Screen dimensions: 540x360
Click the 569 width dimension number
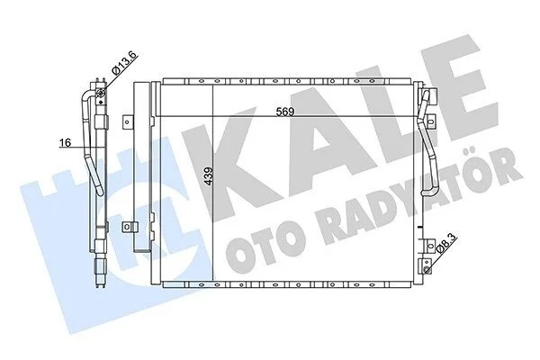(285, 112)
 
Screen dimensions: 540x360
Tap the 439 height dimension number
(209, 176)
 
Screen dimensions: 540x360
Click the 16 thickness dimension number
(65, 142)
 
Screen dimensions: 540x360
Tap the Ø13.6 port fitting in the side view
(101, 92)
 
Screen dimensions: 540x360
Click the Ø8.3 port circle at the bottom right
(427, 270)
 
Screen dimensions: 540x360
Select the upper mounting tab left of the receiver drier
(128, 121)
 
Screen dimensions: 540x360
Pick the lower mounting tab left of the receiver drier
(130, 227)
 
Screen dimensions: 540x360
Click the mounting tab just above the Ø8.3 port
(428, 246)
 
